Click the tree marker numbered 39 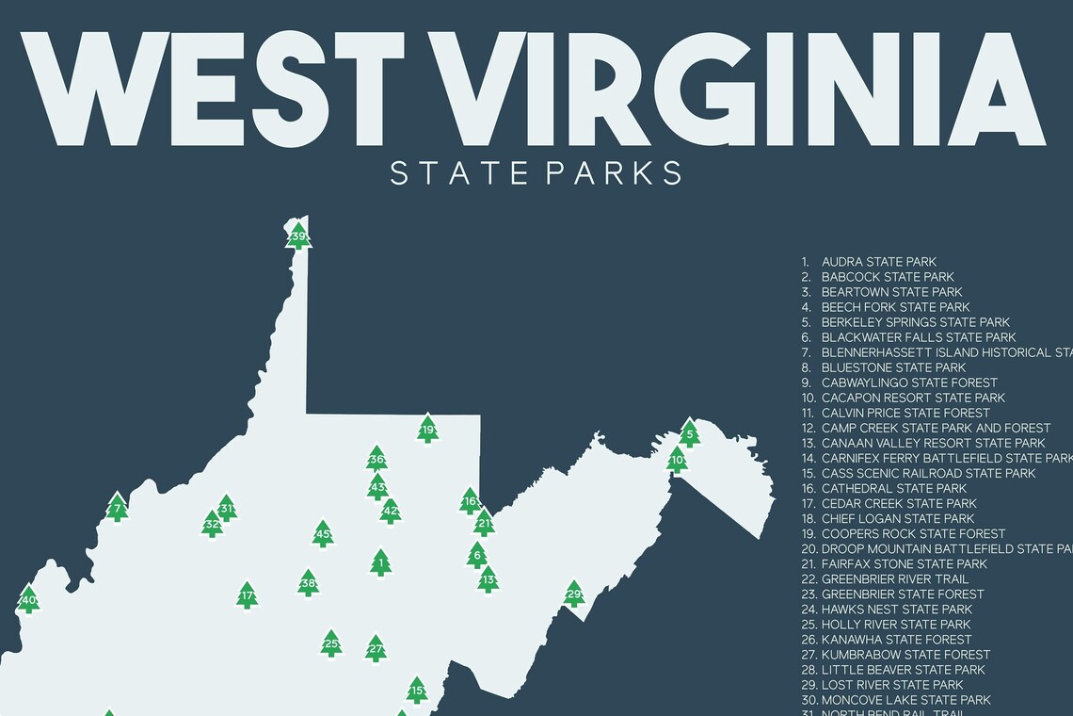point(298,236)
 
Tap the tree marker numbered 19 point(428,430)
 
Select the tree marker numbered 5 point(690,434)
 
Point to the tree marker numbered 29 point(573,594)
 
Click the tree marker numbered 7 point(117,508)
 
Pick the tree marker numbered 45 point(323,535)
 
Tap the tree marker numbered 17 point(247,595)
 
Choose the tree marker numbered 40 point(29,599)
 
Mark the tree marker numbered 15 point(417,691)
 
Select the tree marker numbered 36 point(376,460)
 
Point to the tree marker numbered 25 point(330,644)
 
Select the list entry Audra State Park point(878,262)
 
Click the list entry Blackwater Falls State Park point(918,337)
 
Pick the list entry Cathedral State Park point(893,488)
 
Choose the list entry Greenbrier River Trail point(894,578)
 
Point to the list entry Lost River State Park point(891,684)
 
